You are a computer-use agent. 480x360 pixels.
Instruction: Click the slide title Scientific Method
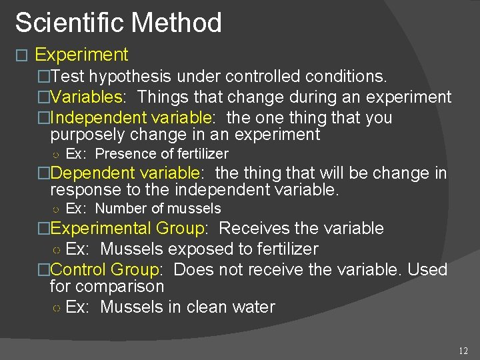(x=118, y=23)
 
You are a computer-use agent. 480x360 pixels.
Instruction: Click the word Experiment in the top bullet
(x=81, y=55)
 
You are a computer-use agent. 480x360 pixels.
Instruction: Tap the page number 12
(x=464, y=351)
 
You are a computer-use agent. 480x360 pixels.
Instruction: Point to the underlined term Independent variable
(x=131, y=118)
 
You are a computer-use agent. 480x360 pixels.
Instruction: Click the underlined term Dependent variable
(x=125, y=173)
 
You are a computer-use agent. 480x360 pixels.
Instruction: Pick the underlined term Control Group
(x=104, y=270)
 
